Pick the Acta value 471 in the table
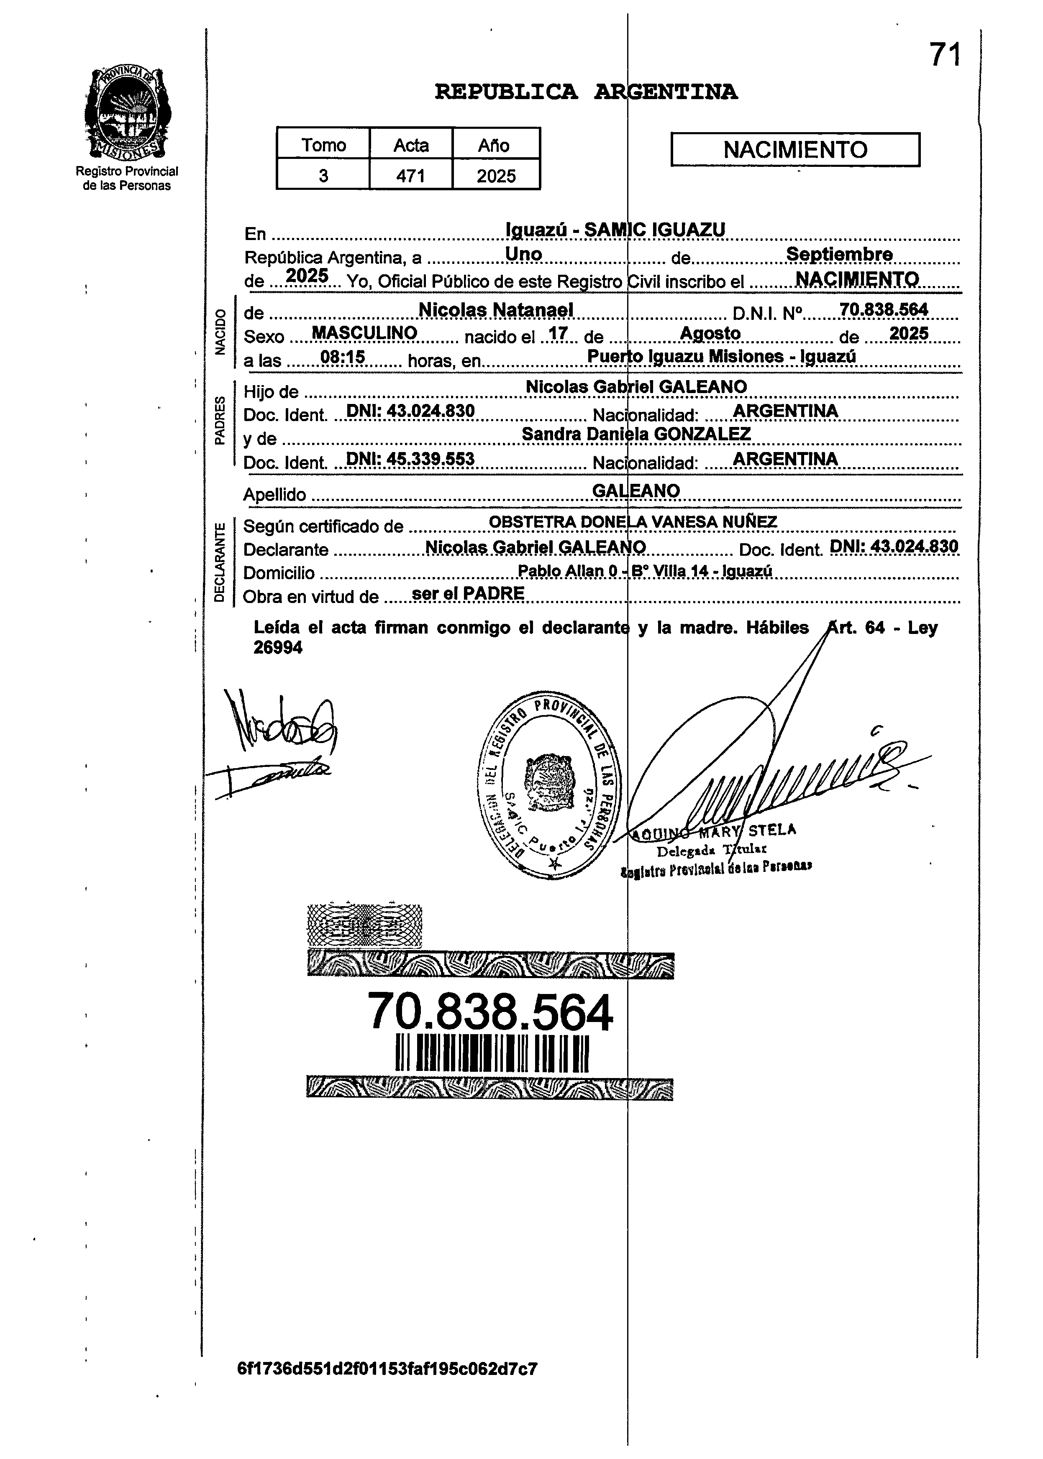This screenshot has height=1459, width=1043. [410, 175]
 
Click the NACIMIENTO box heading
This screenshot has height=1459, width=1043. [794, 150]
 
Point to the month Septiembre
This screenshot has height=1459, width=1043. [839, 254]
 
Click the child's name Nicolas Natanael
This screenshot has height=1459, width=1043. [495, 310]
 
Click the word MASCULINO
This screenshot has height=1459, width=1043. [364, 333]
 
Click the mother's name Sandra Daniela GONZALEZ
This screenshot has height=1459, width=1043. [636, 434]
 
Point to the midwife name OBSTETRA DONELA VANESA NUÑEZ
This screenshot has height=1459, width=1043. [633, 522]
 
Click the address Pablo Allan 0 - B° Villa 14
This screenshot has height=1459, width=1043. [644, 571]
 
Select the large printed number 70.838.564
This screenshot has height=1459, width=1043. [490, 1012]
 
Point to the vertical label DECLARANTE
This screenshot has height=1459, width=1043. [220, 563]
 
